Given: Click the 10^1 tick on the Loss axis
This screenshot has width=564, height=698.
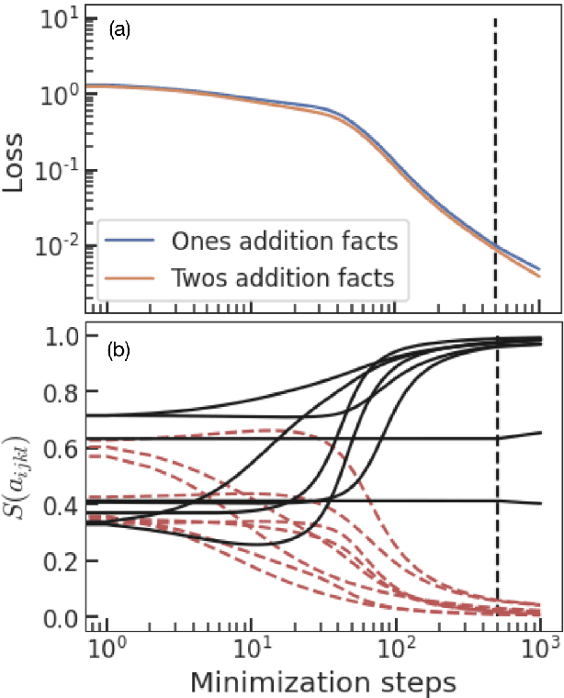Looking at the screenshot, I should (x=58, y=20).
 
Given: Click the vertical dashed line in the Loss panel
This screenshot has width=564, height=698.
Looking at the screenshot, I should (x=496, y=138).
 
